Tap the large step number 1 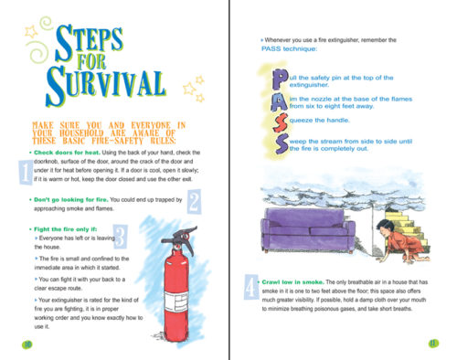point(24,170)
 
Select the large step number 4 point(251,291)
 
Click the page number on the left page point(26,344)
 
